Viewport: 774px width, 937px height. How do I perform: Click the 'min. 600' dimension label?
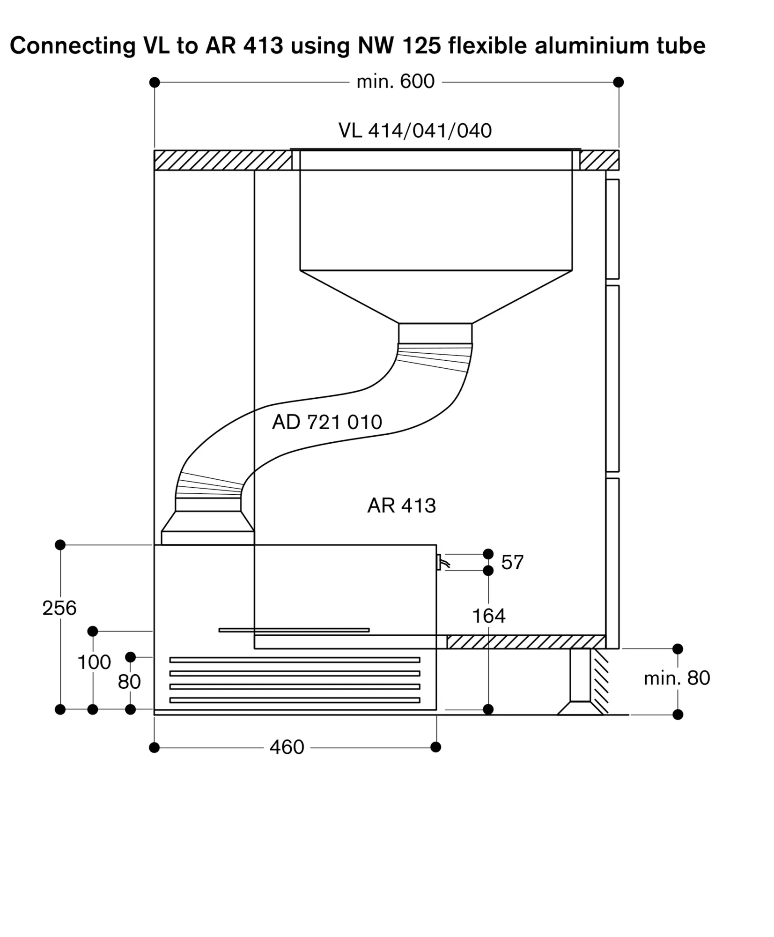[x=395, y=82]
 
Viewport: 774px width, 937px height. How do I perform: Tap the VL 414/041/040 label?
[x=415, y=131]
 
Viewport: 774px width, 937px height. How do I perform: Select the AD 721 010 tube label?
[x=327, y=422]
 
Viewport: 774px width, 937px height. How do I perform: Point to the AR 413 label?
[x=401, y=506]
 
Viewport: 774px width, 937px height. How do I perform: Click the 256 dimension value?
[x=59, y=608]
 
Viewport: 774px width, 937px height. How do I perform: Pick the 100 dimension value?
[x=94, y=662]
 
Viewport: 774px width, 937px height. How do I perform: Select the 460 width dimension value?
[x=287, y=747]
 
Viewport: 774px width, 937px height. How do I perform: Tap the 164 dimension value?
[x=488, y=616]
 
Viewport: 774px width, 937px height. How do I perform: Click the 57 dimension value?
[x=512, y=562]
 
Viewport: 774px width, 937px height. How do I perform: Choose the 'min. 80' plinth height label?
[x=677, y=678]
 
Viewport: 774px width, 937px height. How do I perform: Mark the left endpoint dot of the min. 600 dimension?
[x=155, y=82]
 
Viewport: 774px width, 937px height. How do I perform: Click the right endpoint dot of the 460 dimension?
[x=435, y=747]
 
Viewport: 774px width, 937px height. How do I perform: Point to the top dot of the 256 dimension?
[x=60, y=545]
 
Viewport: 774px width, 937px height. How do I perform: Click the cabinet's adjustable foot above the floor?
[x=580, y=682]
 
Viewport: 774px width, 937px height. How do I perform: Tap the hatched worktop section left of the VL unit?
[x=223, y=160]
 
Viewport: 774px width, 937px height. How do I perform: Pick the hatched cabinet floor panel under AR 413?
[x=526, y=642]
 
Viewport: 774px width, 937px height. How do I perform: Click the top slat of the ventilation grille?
[x=295, y=660]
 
